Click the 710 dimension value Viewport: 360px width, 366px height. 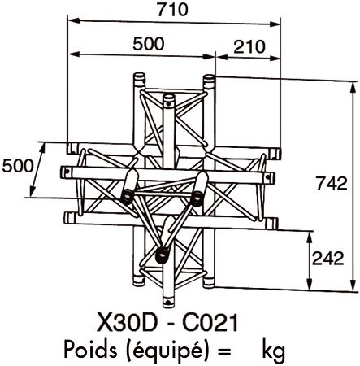(172, 10)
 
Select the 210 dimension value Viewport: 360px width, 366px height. (249, 47)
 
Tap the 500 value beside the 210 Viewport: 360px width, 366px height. (149, 44)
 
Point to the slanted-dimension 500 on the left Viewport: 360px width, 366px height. (18, 166)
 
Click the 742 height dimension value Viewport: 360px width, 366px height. (332, 183)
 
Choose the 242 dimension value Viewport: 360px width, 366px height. (328, 259)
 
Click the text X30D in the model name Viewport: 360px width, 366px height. (128, 323)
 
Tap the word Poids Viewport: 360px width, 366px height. (90, 349)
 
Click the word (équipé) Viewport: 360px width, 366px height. (165, 351)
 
